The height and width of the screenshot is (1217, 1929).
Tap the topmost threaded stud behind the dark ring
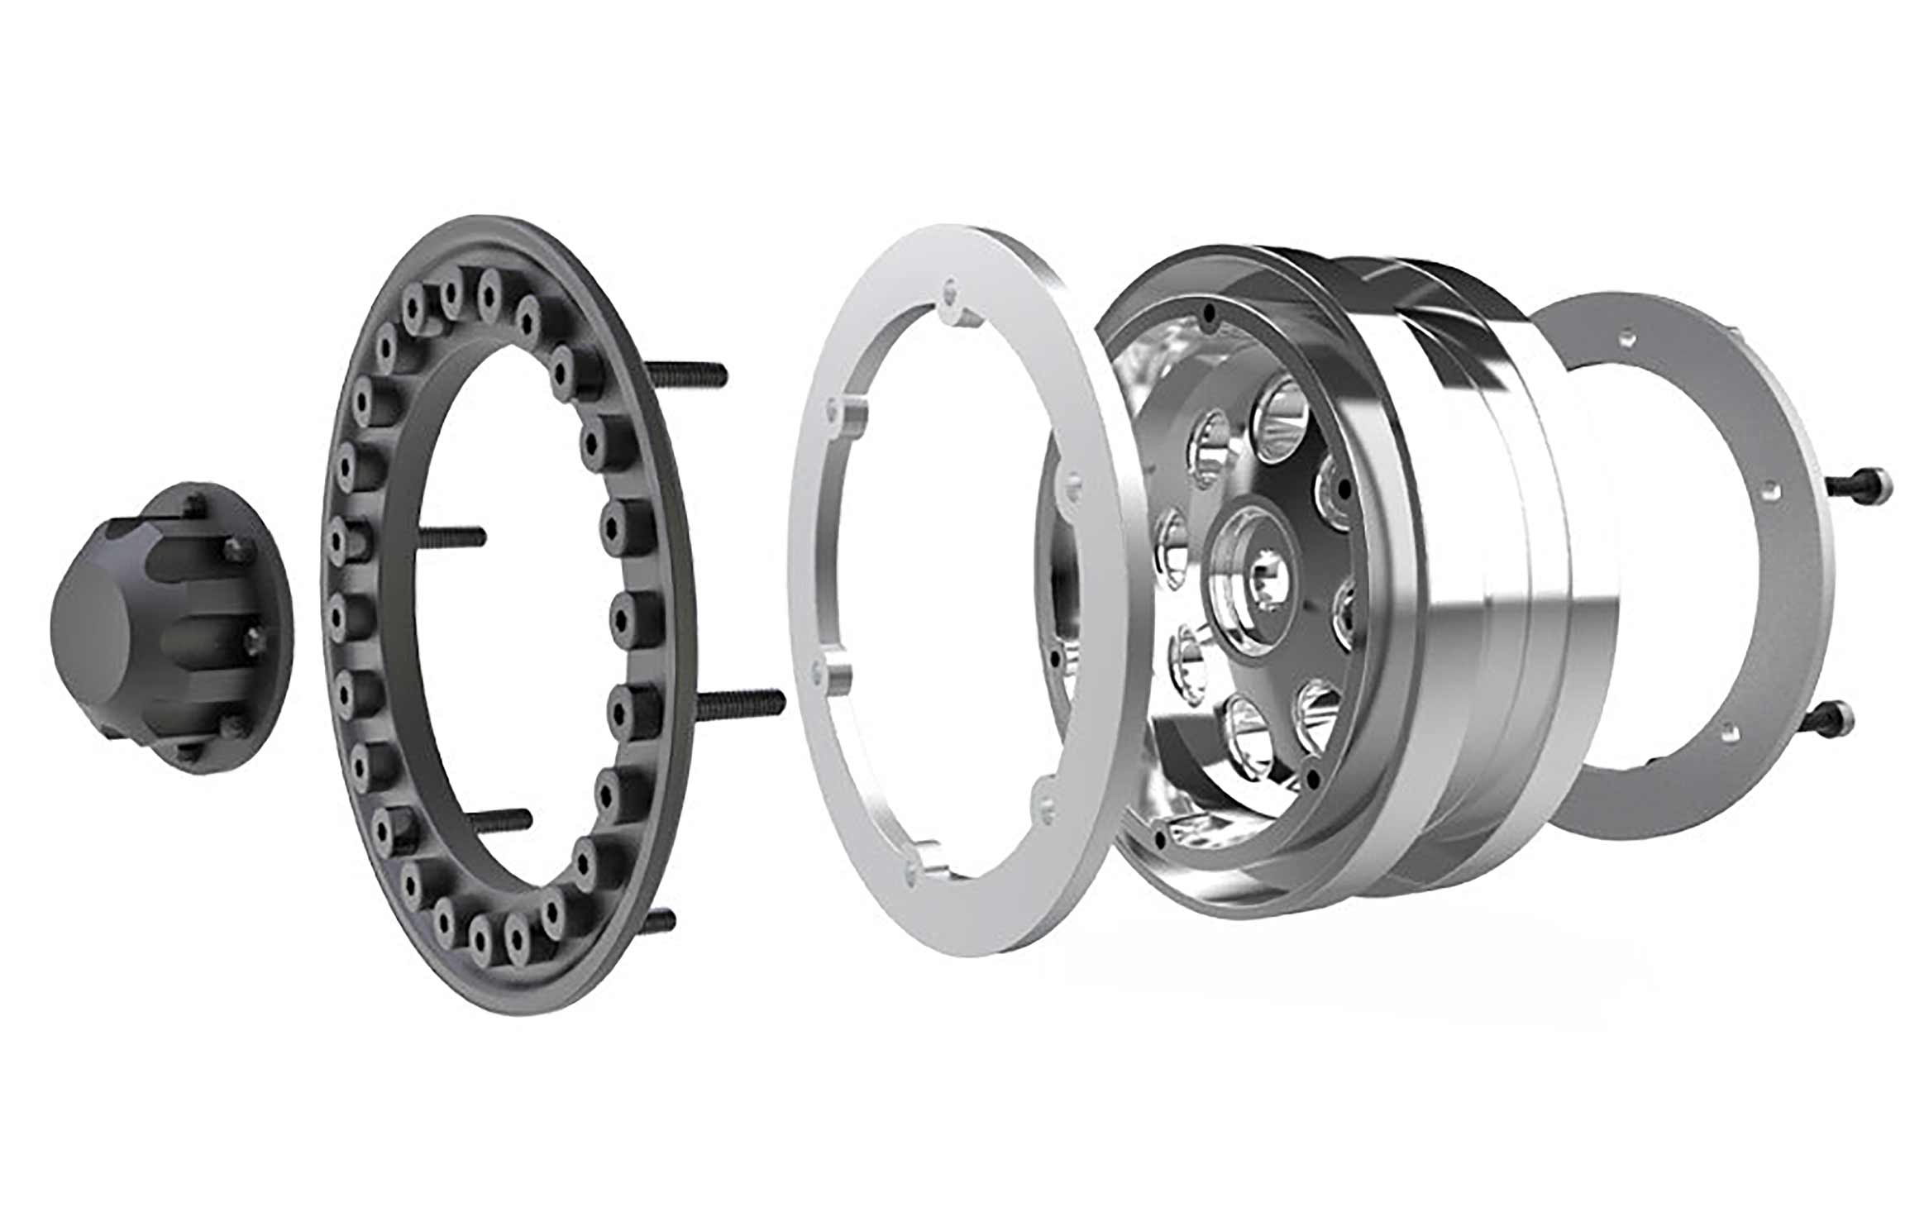point(690,374)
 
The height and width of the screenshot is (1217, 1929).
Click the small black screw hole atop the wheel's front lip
point(1210,315)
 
